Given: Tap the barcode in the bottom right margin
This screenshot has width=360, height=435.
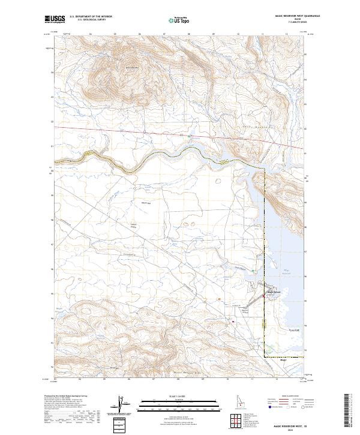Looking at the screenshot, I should pos(348,411).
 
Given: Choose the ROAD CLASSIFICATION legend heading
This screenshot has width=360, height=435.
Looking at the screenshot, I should pos(286,397).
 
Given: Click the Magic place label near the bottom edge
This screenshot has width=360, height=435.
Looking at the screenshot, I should pos(284,361).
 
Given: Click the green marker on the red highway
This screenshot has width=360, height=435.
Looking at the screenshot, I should pos(190,137).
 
